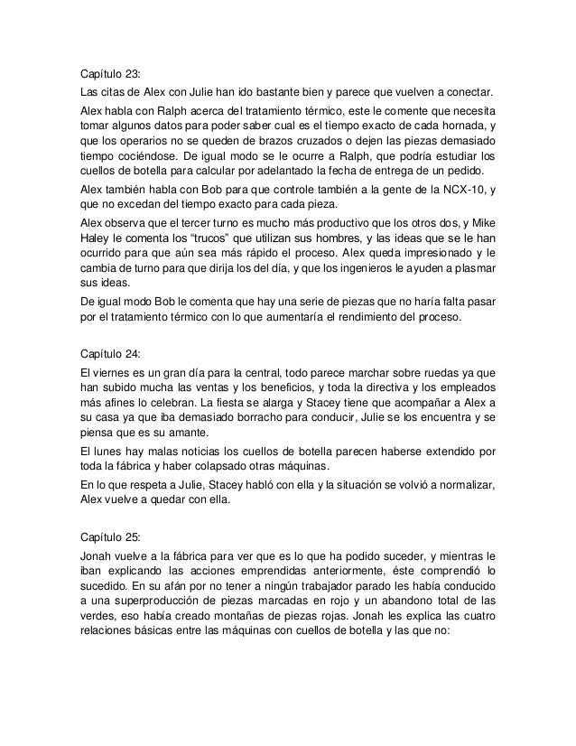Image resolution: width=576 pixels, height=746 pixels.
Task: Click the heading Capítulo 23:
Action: pyautogui.click(x=106, y=75)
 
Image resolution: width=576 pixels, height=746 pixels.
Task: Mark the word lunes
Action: pyautogui.click(x=107, y=450)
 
